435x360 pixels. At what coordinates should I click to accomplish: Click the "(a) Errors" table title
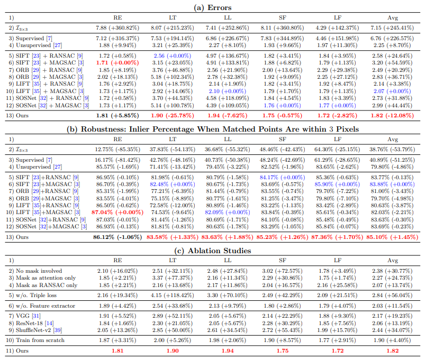click(x=213, y=7)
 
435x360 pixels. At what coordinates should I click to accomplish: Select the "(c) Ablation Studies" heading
click(x=213, y=251)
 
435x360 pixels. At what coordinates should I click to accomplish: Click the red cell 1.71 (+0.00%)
click(x=117, y=62)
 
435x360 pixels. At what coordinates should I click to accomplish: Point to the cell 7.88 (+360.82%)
click(x=117, y=27)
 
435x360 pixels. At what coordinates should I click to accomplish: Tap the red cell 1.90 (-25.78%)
click(x=173, y=115)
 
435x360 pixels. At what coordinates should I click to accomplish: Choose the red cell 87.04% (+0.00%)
click(x=117, y=213)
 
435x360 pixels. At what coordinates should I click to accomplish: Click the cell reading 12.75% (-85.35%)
click(x=117, y=150)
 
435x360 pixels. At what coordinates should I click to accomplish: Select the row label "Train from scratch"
click(x=40, y=340)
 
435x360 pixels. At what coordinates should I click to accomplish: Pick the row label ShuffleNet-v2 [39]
click(x=39, y=330)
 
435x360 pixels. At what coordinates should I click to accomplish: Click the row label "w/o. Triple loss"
click(x=36, y=295)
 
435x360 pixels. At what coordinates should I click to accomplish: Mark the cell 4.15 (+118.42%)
click(x=173, y=295)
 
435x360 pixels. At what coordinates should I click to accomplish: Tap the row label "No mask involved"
click(x=39, y=271)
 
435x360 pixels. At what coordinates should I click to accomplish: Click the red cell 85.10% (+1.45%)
click(x=392, y=237)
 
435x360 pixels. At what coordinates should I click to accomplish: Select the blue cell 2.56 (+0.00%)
click(x=173, y=56)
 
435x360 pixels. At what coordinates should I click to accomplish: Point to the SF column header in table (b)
click(x=283, y=139)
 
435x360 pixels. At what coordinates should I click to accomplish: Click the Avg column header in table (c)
click(x=393, y=260)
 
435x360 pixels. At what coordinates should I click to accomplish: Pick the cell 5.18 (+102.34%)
click(x=173, y=77)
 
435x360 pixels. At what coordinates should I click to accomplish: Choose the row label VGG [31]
click(x=28, y=316)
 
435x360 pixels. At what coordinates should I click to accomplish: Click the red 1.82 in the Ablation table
click(x=393, y=350)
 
